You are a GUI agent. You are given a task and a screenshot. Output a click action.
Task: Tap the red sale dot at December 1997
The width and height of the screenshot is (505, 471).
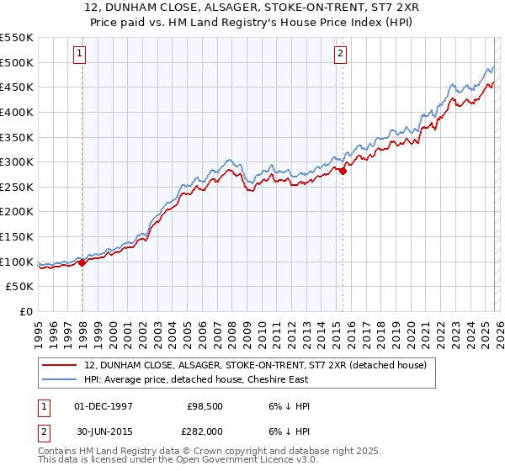coord(82,262)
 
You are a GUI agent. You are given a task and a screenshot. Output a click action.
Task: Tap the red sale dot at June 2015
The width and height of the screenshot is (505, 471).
coord(343,171)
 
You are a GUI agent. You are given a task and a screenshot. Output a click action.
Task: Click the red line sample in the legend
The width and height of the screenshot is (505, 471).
coord(60,365)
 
